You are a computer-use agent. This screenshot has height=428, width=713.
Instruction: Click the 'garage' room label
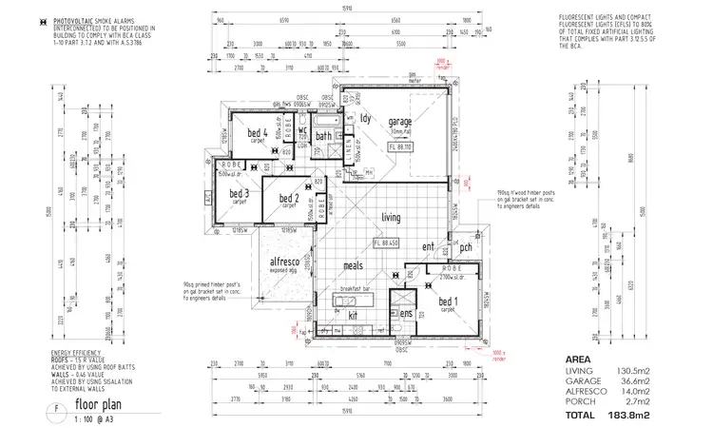(399, 122)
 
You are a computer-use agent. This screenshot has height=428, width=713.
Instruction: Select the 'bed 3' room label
(239, 193)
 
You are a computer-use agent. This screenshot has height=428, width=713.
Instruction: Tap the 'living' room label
(391, 218)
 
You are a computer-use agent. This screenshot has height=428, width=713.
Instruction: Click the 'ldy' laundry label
(365, 118)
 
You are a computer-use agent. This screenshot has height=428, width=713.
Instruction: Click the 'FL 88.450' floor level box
(391, 244)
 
